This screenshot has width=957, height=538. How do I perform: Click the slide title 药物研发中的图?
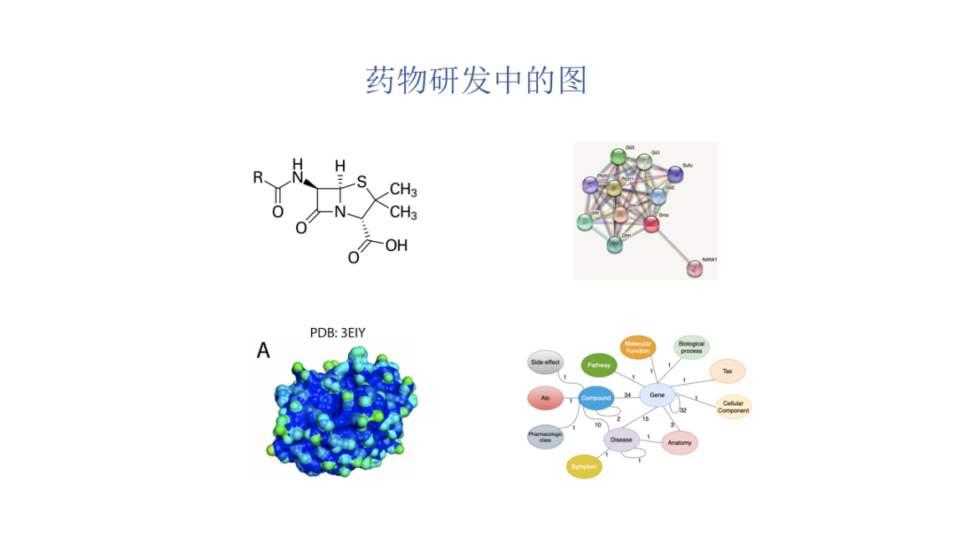tap(478, 81)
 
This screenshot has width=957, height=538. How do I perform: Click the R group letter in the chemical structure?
tap(258, 177)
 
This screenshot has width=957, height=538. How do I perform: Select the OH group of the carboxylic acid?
tap(396, 246)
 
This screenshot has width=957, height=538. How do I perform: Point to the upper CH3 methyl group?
tap(403, 190)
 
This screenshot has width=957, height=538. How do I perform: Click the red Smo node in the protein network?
tap(651, 223)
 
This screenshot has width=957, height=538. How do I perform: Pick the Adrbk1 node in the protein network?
tap(695, 268)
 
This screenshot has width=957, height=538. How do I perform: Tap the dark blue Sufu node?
tap(676, 173)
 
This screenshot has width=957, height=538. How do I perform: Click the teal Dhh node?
tap(615, 244)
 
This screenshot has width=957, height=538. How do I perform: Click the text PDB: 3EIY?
tap(338, 333)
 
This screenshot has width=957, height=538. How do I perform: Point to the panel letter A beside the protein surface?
tap(263, 351)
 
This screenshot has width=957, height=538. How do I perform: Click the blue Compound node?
tap(595, 398)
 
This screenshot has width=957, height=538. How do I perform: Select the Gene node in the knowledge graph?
tap(657, 394)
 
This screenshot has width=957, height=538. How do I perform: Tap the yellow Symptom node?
tap(584, 466)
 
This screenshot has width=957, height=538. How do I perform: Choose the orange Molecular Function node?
tap(637, 347)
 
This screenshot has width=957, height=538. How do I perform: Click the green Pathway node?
tap(600, 364)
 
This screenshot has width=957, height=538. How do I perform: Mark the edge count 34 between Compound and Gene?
tap(627, 394)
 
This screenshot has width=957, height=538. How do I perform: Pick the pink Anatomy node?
tap(680, 442)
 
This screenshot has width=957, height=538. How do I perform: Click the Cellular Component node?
tap(733, 407)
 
